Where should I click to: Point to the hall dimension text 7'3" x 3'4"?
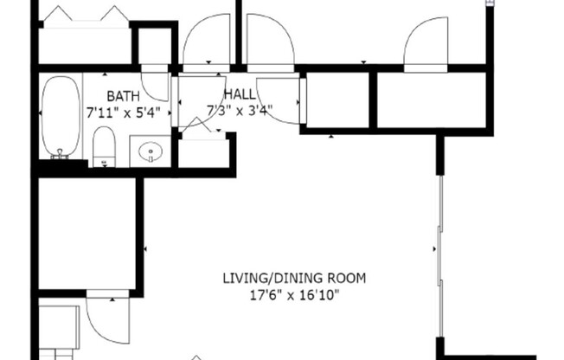(x=239, y=110)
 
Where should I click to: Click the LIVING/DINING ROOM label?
(x=294, y=279)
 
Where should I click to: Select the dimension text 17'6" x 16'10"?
(x=294, y=295)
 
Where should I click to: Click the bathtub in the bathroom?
(x=61, y=117)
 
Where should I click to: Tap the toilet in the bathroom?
(x=104, y=145)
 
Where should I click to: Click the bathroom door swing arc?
(x=157, y=85)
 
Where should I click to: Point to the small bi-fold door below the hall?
(x=201, y=130)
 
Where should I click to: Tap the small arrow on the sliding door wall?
(x=435, y=250)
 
